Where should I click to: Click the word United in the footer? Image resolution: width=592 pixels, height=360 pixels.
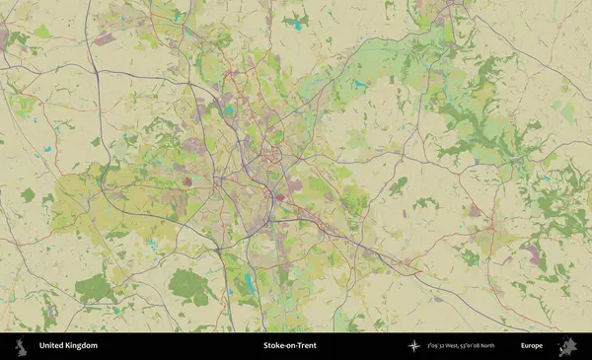(x=50, y=346)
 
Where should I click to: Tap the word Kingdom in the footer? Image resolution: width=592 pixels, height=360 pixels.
(x=81, y=346)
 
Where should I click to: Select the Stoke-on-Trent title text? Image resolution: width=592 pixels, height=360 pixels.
(x=289, y=346)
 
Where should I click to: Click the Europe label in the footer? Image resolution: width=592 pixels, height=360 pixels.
(x=532, y=346)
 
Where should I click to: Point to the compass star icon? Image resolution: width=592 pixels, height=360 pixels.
(x=413, y=346)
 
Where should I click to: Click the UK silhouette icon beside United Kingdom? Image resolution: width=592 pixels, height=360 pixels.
(x=20, y=346)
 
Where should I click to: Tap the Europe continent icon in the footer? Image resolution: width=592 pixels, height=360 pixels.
(x=566, y=346)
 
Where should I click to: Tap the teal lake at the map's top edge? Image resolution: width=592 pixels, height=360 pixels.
(x=296, y=20)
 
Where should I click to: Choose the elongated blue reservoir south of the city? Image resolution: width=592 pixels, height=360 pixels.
(x=246, y=286)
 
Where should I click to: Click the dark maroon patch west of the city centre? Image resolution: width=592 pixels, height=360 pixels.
(x=187, y=181)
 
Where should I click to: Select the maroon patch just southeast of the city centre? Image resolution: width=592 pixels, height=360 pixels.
(x=280, y=195)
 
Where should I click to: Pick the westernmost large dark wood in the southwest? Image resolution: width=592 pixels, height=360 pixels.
(x=96, y=288)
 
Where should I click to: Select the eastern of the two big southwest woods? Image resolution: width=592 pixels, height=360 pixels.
(x=189, y=286)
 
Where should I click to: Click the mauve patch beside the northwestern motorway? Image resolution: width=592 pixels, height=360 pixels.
(x=104, y=39)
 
